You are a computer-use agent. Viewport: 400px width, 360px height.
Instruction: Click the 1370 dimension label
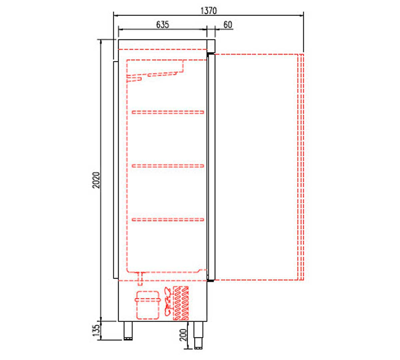click(x=208, y=11)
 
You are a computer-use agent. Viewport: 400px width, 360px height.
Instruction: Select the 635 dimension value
click(x=162, y=24)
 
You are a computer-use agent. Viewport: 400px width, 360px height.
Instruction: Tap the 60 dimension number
click(x=228, y=25)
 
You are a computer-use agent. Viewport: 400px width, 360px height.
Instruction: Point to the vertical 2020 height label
click(x=96, y=180)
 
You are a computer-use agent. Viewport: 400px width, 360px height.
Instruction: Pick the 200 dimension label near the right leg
click(x=183, y=335)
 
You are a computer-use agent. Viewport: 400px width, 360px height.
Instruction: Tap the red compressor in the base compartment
click(x=148, y=305)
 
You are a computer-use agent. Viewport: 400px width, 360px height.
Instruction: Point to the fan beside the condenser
click(x=167, y=302)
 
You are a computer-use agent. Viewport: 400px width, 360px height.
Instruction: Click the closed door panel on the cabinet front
click(x=211, y=167)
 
